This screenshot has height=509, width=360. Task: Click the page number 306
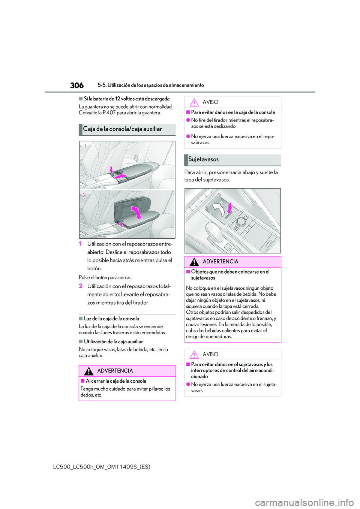point(77,85)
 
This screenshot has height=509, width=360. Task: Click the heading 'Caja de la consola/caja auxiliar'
point(123,129)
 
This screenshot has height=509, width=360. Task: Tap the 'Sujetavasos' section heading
point(203,159)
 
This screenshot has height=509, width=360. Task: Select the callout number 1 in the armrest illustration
point(85,146)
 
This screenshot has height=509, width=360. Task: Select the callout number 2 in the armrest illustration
point(84,195)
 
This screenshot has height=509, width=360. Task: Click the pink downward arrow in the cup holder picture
point(229,208)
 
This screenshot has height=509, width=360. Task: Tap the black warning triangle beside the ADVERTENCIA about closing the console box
point(88,371)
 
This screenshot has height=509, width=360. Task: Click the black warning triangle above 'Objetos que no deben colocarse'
point(194,262)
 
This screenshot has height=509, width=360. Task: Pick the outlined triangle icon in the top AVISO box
point(194,102)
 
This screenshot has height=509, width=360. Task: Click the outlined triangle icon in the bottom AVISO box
point(194,355)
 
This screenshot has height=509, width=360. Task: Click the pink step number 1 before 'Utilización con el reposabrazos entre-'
point(80,244)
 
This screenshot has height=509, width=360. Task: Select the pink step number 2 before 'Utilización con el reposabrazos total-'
point(81,286)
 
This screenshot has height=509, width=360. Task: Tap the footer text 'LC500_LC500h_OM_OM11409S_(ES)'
point(102,467)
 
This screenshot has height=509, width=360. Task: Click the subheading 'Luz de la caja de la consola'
point(111,319)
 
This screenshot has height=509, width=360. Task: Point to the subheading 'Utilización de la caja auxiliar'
point(113,341)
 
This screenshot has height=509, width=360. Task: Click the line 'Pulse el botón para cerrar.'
point(105,278)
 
